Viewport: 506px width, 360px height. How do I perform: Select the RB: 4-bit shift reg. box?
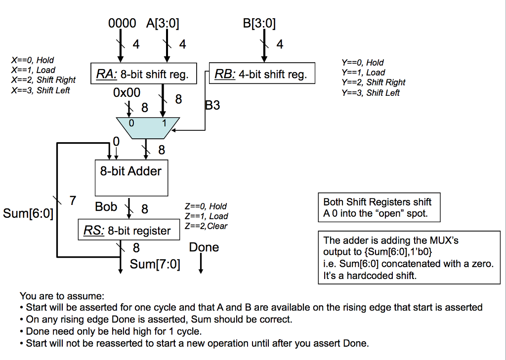click(262, 74)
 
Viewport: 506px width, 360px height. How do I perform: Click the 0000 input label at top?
click(122, 23)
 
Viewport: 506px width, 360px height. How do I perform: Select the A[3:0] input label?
click(163, 23)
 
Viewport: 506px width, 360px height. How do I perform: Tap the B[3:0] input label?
click(259, 23)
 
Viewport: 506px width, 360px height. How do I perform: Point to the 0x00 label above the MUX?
click(126, 92)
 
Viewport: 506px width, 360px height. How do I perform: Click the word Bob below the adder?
click(106, 206)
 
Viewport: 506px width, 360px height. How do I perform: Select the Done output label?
click(204, 247)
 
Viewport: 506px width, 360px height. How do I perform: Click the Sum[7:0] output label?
click(155, 264)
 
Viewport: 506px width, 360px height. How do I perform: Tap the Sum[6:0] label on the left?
click(28, 214)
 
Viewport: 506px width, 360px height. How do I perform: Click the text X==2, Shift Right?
click(43, 80)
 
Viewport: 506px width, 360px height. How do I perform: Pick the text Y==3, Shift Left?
click(370, 93)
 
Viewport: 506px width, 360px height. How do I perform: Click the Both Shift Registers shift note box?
click(379, 208)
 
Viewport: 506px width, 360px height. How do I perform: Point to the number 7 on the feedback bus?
click(73, 200)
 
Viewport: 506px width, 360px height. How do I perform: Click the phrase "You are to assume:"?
click(62, 296)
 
